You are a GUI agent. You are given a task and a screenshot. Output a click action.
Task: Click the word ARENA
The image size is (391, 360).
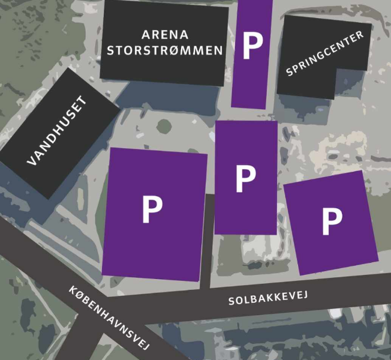coord(165,35)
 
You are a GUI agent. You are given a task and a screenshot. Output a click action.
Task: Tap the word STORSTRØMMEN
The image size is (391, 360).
coord(165,50)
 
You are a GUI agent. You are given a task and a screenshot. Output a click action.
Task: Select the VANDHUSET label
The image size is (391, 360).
coord(58,131)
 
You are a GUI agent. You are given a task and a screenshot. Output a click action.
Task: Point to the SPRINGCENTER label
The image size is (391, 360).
coord(325,54)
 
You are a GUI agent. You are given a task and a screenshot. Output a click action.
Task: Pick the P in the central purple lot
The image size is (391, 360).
coord(245,178)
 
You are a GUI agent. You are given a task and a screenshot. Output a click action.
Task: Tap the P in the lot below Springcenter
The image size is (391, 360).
coord(332,221)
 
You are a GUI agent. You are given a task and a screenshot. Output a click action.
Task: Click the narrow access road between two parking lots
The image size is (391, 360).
coord(207,240)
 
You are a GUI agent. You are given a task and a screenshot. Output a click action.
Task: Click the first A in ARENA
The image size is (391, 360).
coord(146,35)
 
